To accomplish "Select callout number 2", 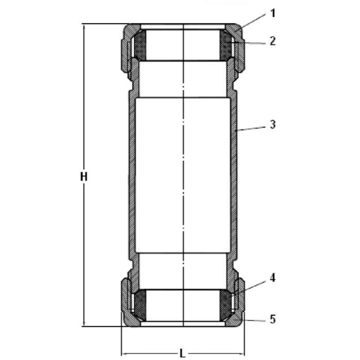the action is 273,41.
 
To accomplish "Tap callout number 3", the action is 273,125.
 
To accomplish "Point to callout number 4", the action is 273,278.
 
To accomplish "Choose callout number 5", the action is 273,319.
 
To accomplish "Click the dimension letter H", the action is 84,177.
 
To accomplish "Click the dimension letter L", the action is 182,354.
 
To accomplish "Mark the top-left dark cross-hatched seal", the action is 140,45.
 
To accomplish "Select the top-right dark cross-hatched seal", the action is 226,45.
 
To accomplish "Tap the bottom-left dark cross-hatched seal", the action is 140,305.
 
